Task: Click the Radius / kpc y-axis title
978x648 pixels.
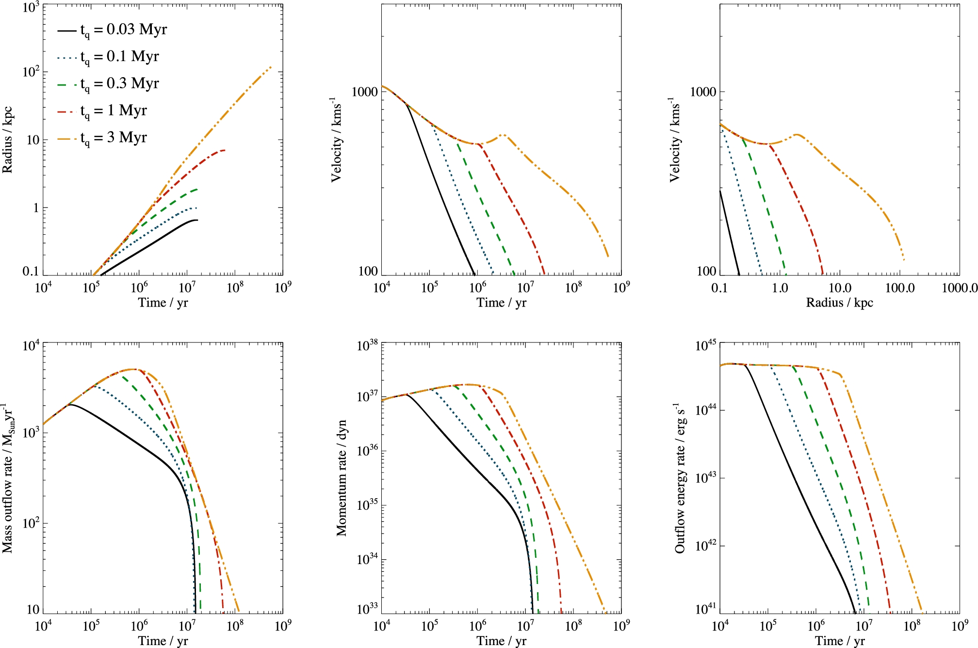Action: coord(8,140)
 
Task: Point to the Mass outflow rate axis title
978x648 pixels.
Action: coord(8,478)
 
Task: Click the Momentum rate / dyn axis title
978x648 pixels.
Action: coord(342,478)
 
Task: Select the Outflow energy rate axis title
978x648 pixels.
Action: coord(680,478)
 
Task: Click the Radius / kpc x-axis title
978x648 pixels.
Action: coord(839,303)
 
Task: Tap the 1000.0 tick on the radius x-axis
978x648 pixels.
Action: coord(959,288)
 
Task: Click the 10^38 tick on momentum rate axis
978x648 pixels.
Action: coord(367,346)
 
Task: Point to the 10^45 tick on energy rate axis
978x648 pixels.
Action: coord(705,346)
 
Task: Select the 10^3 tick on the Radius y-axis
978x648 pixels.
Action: coord(31,8)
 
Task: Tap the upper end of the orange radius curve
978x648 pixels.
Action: coord(271,67)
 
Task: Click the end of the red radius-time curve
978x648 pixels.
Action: coord(225,150)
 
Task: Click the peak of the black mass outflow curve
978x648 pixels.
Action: coord(71,405)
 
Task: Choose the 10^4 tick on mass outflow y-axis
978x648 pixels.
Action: coord(31,346)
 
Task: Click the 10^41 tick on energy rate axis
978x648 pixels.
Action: coord(705,609)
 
